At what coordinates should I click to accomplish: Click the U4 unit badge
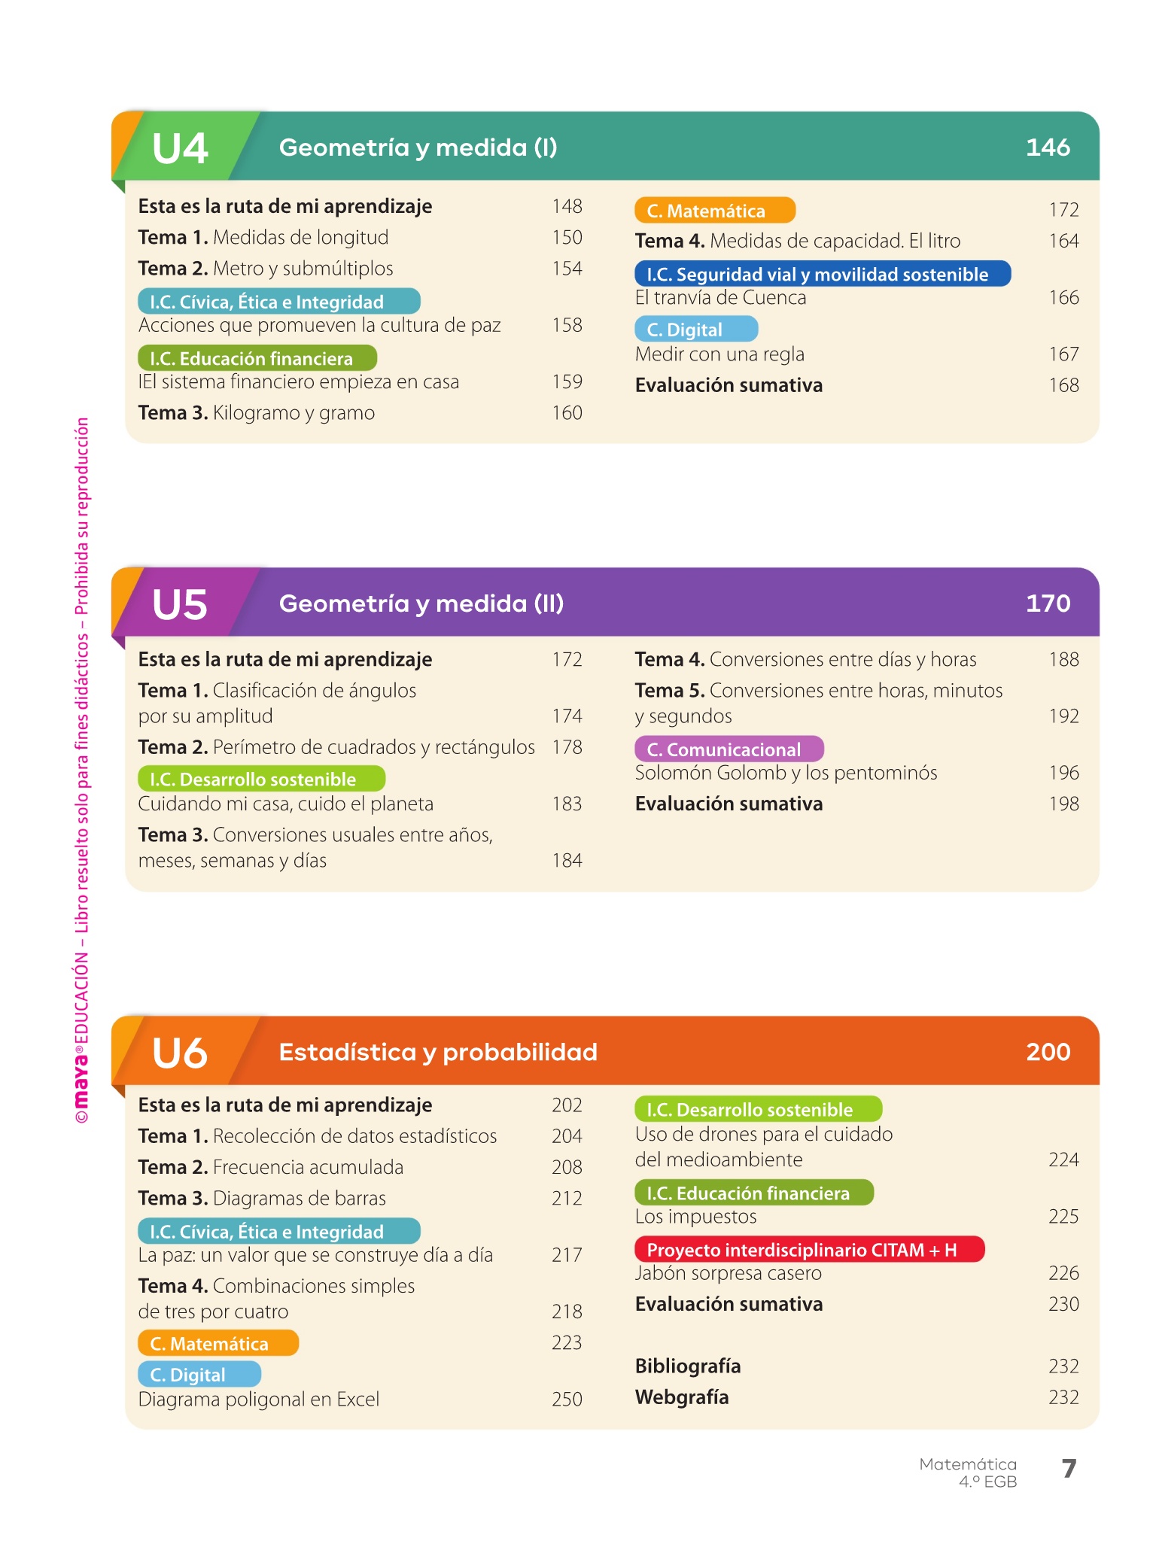click(181, 147)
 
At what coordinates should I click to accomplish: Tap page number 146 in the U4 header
click(1048, 147)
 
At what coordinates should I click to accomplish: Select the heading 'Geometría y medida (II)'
click(421, 603)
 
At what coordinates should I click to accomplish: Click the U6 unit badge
click(181, 1053)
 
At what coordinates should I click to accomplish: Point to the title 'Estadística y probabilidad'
click(438, 1052)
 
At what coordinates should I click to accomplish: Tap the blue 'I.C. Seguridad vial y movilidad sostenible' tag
click(822, 274)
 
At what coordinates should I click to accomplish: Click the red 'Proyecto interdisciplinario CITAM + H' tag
click(809, 1250)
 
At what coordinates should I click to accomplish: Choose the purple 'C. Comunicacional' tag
click(729, 749)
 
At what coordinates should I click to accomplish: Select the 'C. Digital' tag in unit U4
click(695, 330)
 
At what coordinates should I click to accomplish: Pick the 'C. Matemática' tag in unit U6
click(218, 1343)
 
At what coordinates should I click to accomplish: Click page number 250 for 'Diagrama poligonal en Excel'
click(567, 1399)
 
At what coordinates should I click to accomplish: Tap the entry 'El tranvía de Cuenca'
click(720, 298)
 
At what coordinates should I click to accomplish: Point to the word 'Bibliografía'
click(688, 1366)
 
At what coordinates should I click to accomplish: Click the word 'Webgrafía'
click(682, 1397)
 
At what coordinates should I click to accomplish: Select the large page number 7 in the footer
click(1069, 1468)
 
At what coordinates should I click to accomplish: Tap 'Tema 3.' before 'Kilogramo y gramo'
click(173, 413)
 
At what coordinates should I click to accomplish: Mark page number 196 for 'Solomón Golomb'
click(1063, 773)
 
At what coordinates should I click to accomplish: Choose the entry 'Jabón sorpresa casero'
click(728, 1273)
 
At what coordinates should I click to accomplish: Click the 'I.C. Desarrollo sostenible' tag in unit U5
click(261, 779)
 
